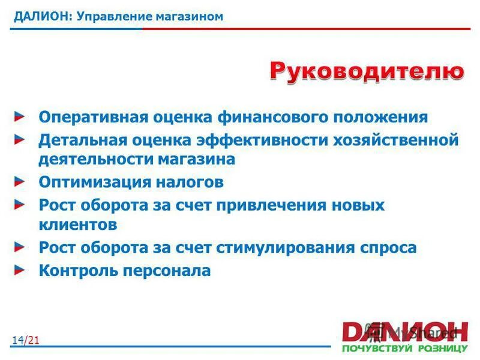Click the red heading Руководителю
coord(367,71)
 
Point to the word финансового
coord(270,117)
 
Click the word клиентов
coord(78,225)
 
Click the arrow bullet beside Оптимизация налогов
coord(20,181)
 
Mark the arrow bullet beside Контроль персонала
coord(20,269)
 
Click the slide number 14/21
coord(25,341)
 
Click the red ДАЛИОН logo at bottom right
coord(404,331)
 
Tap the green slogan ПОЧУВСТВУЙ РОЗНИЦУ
coord(404,348)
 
